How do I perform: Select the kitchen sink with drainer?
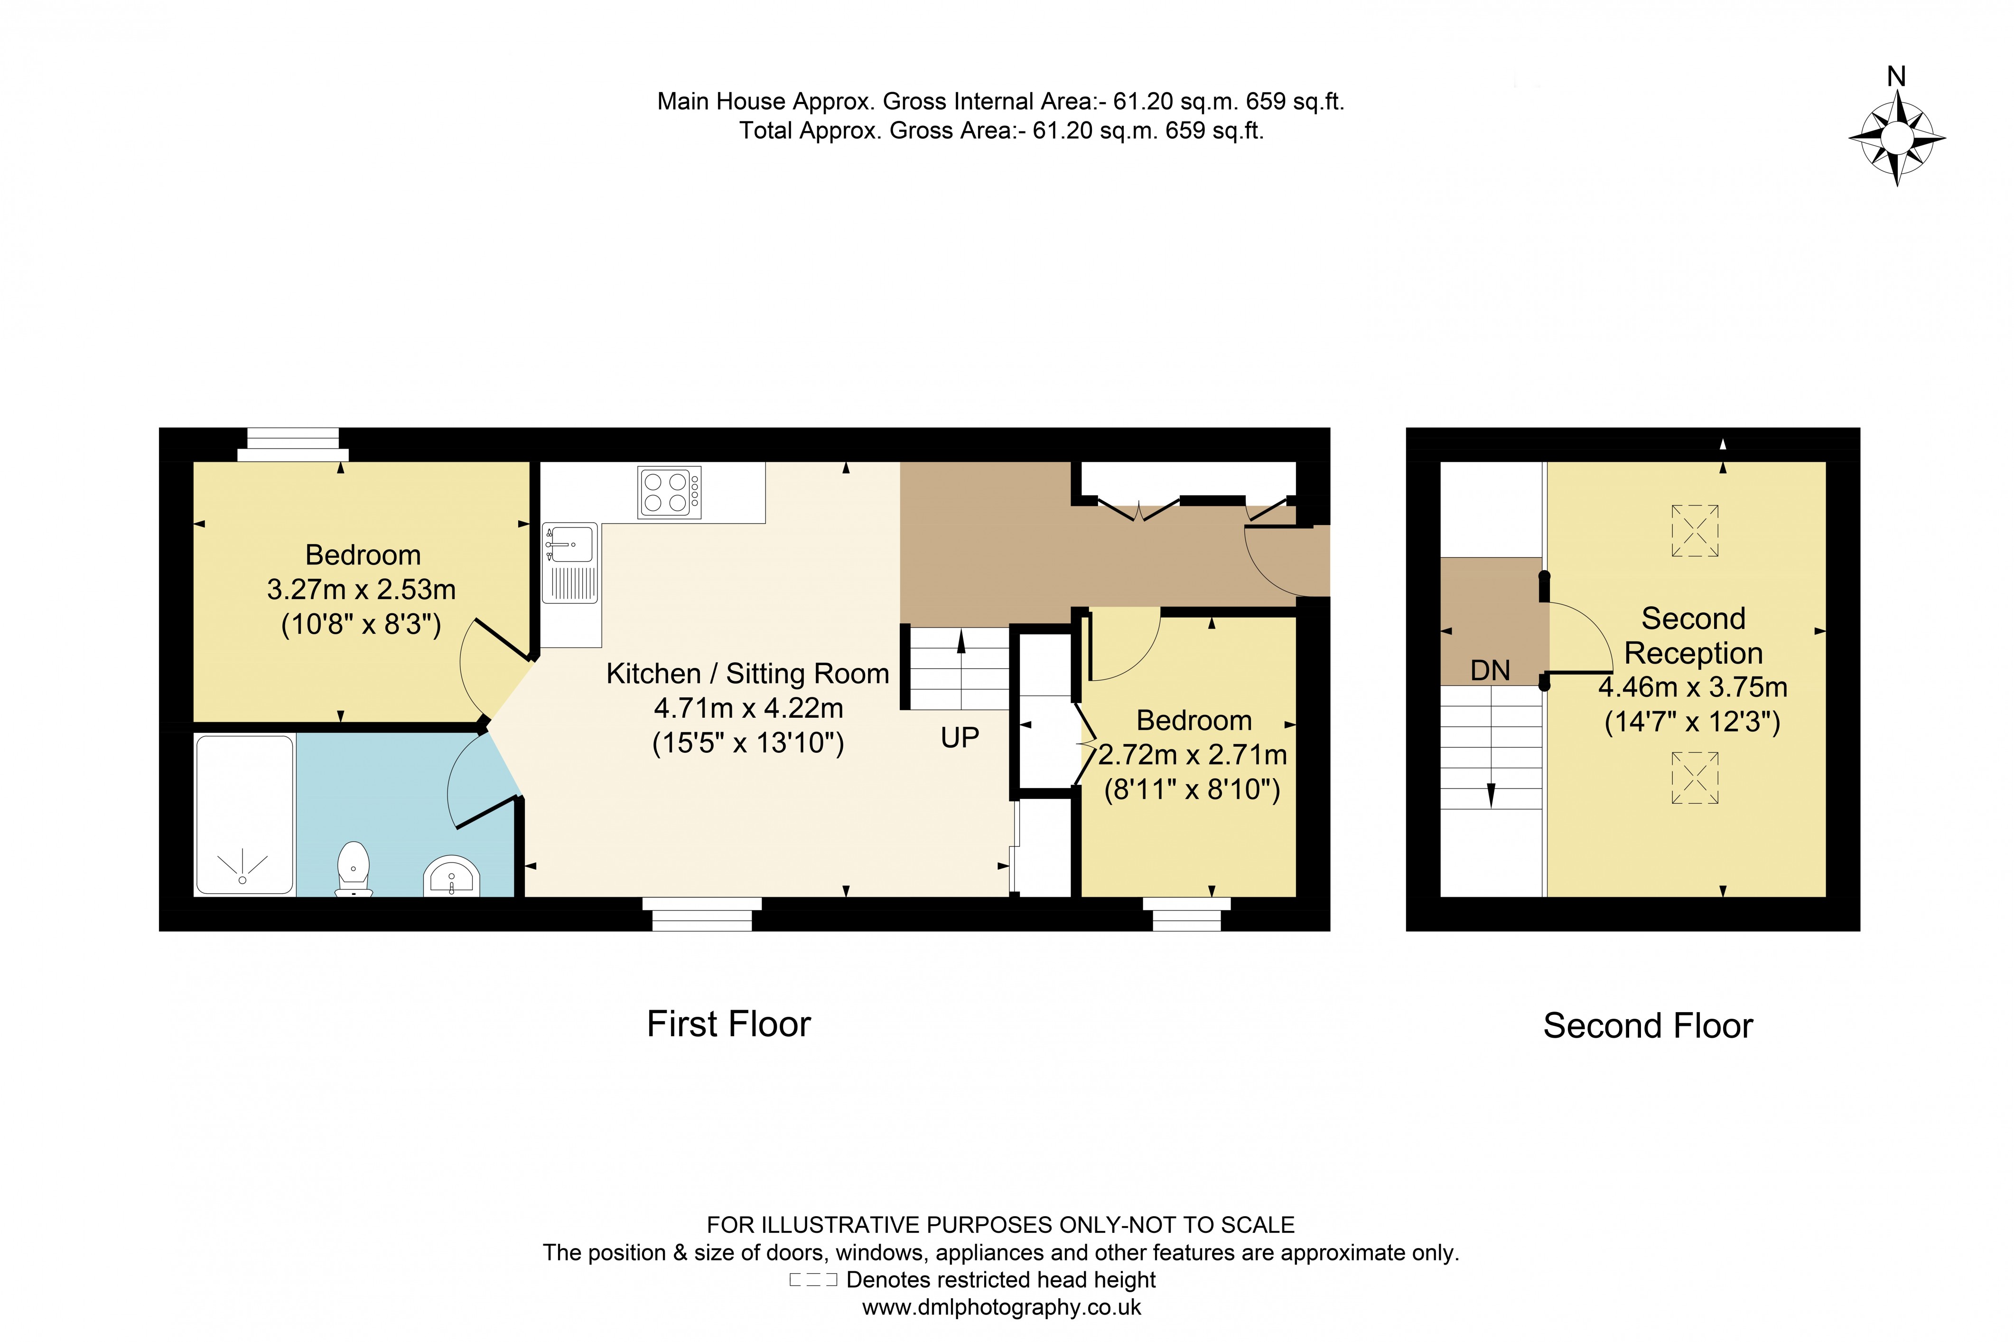pos(570,563)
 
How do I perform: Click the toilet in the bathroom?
pos(354,869)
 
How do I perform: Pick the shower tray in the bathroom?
pos(245,815)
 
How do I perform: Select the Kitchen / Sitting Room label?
pos(748,674)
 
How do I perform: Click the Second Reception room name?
pos(1693,635)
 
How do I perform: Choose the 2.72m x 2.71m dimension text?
pos(1193,755)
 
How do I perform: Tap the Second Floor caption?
pos(1648,1025)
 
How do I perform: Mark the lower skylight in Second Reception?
pos(1695,777)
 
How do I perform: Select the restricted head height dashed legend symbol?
pos(813,1280)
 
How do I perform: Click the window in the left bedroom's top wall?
pos(293,444)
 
